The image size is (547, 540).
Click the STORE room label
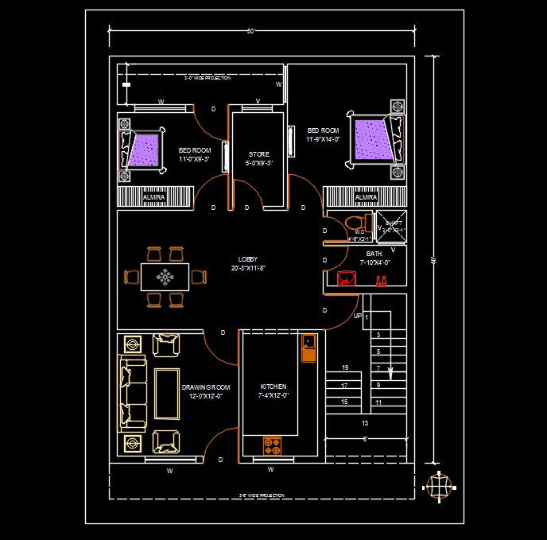[259, 154]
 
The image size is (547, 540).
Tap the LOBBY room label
[247, 259]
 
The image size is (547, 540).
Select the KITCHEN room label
[273, 387]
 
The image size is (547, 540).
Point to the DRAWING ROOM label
[205, 387]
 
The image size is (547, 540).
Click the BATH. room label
[374, 254]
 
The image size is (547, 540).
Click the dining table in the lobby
[165, 277]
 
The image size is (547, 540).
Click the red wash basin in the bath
[347, 278]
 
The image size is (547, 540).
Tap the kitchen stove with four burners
[273, 445]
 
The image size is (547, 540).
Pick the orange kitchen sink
[308, 348]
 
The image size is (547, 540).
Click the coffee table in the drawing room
[166, 393]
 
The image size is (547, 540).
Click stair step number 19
[345, 368]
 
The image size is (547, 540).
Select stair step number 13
[364, 423]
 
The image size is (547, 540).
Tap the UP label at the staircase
[358, 316]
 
